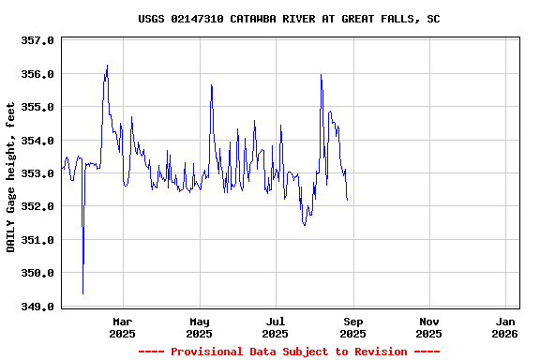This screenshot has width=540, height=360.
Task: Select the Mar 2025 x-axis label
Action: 122,326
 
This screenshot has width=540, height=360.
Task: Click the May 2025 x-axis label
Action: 199,326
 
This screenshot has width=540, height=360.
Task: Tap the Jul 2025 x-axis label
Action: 276,326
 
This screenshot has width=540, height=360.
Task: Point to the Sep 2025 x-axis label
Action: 352,326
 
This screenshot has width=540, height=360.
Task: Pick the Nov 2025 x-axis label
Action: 428,326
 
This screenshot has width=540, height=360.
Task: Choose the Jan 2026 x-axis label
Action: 505,326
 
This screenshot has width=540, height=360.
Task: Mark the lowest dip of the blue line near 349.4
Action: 82,293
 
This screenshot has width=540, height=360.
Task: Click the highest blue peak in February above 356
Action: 107,66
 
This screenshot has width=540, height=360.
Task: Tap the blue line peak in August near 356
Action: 321,74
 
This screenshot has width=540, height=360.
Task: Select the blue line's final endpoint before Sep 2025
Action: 347,200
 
